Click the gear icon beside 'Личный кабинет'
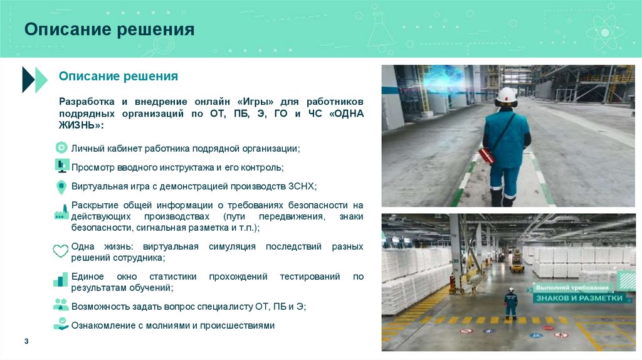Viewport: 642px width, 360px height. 61,148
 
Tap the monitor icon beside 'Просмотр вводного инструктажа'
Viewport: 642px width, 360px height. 61,166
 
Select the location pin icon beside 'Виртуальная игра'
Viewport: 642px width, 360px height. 61,187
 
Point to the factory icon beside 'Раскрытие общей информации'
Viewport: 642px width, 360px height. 61,213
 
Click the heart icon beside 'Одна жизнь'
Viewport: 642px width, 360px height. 61,251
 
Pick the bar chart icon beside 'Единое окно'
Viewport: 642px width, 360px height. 61,280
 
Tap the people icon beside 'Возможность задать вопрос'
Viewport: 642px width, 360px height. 61,305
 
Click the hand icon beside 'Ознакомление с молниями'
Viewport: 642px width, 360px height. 61,324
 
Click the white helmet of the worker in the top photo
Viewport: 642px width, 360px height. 505,96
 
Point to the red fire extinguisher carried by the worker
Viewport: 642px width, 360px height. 487,155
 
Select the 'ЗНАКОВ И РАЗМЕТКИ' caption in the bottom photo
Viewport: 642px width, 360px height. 578,299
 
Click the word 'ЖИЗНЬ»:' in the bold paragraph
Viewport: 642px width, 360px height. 81,126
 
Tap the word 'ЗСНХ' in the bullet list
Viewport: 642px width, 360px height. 302,186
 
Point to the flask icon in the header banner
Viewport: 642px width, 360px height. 381,30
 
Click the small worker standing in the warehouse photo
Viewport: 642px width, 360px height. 512,303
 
